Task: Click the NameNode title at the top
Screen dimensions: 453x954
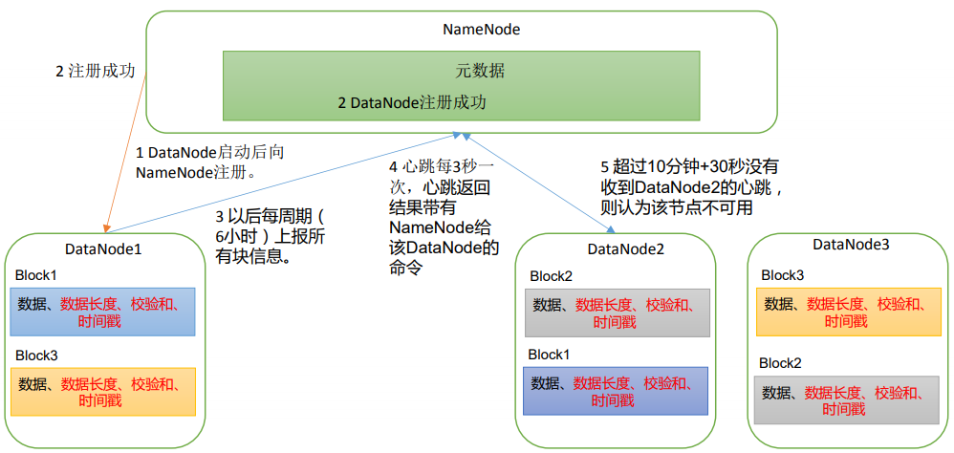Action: [481, 29]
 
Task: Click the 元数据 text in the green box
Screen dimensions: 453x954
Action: [480, 71]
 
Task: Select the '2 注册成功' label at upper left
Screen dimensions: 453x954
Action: [95, 72]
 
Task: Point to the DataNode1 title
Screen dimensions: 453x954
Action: [103, 248]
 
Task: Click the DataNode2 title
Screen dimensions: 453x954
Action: [625, 249]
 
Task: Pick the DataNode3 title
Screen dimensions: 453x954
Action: [851, 245]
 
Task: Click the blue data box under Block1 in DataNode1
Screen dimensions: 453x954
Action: [103, 313]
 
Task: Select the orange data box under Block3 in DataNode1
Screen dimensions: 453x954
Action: [103, 392]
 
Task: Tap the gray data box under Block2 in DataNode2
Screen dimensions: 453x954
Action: [617, 313]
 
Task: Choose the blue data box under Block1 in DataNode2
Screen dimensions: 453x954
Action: [617, 391]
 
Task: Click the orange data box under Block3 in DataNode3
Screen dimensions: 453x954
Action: [849, 313]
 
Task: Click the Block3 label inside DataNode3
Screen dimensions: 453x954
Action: [782, 275]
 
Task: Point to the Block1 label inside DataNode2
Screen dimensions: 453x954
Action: [550, 355]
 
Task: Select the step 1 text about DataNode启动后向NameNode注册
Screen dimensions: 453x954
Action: [209, 162]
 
